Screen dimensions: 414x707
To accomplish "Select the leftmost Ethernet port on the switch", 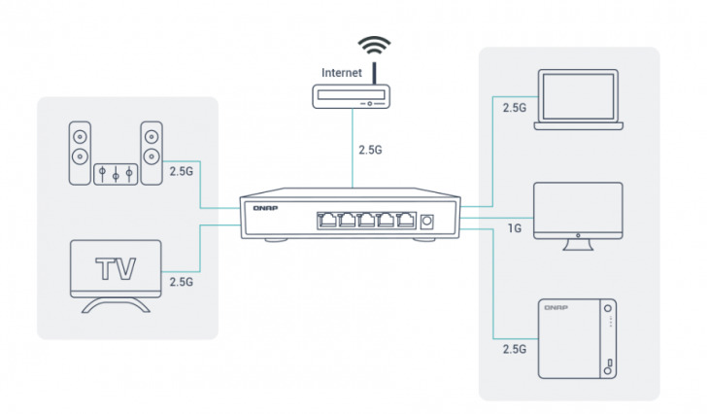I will [324, 221].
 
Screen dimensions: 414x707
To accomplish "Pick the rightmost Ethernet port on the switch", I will [400, 221].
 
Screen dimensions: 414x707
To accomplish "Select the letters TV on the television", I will [115, 268].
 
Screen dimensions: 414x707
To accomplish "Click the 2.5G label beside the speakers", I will [183, 171].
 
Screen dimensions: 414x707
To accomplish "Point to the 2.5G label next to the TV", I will [183, 282].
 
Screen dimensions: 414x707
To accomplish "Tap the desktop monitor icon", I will [579, 214].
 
